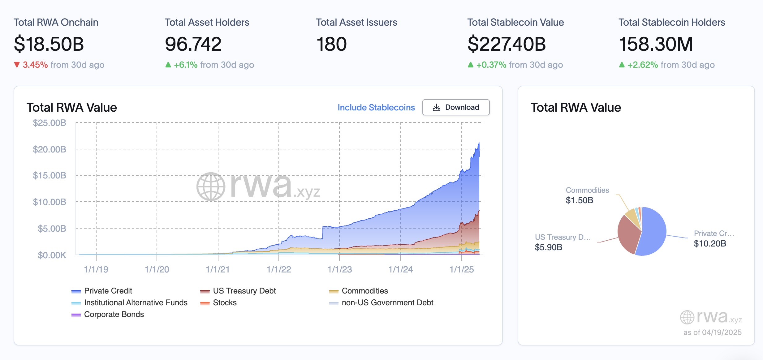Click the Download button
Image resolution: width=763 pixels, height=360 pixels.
point(456,107)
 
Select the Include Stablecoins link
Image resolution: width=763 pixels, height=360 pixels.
point(376,107)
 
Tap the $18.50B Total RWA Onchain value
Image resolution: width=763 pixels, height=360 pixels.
point(49,44)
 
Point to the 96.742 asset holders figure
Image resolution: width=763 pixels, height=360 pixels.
point(193,44)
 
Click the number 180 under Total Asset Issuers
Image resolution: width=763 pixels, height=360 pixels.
point(331,44)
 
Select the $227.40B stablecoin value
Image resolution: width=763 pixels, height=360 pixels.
point(507,44)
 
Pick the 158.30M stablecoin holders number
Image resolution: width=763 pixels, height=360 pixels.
point(656,44)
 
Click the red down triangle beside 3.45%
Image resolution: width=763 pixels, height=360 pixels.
point(17,65)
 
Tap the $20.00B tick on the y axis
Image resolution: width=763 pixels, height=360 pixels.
point(50,149)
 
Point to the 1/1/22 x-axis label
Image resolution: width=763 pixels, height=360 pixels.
point(279,269)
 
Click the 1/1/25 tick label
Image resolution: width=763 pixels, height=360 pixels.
point(461,269)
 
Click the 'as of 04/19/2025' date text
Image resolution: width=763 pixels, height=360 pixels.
point(712,332)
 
